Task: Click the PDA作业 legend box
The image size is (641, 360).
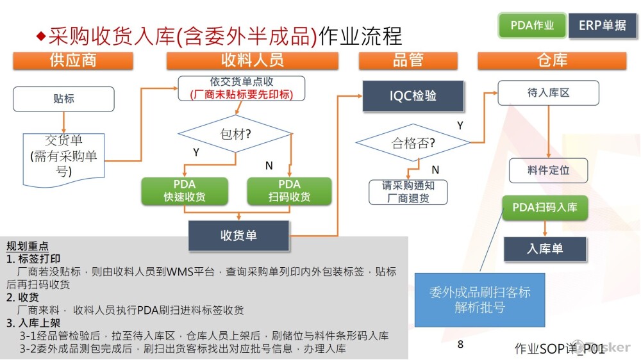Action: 532,26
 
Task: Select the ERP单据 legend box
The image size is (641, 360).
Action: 602,26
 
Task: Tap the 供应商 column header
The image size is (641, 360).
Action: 73,60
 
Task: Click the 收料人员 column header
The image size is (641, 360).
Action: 252,60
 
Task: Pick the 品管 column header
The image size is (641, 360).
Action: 408,60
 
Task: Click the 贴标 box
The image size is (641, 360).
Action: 63,99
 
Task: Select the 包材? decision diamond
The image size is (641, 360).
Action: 235,135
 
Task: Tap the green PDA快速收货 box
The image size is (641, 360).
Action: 184,191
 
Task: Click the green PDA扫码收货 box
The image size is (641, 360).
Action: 289,191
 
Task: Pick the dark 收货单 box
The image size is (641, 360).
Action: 238,235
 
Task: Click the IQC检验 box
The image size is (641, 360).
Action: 413,96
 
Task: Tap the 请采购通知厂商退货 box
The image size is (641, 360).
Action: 408,192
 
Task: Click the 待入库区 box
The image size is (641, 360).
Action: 548,93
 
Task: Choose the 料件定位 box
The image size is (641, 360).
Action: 548,170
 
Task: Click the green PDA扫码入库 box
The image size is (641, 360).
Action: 545,208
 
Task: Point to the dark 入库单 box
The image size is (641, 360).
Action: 545,249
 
